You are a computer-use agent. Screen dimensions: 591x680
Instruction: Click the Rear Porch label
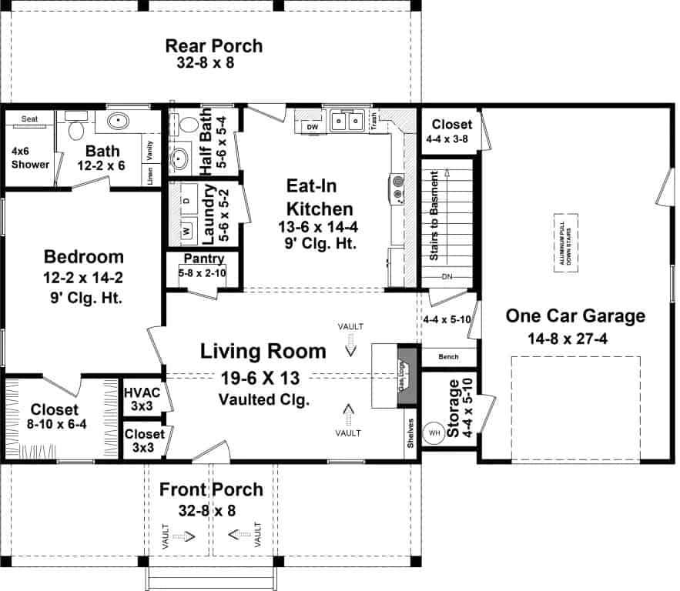click(x=214, y=46)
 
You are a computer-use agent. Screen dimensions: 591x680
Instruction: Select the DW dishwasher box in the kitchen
click(x=312, y=126)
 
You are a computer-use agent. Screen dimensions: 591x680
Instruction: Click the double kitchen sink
click(x=347, y=121)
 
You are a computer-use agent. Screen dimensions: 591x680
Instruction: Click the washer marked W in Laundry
click(x=186, y=230)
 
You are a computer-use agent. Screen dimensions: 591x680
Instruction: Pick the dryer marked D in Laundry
click(x=186, y=199)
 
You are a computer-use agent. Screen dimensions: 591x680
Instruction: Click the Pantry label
click(x=203, y=259)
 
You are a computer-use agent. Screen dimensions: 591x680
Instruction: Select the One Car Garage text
click(x=575, y=316)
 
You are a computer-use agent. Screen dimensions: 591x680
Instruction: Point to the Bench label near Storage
click(x=448, y=357)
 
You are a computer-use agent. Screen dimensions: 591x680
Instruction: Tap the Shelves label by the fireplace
click(x=411, y=433)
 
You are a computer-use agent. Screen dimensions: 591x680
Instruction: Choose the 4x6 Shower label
click(x=31, y=158)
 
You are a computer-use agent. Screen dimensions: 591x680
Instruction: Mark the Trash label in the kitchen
click(x=373, y=118)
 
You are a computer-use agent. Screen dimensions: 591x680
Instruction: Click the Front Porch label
click(x=211, y=489)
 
